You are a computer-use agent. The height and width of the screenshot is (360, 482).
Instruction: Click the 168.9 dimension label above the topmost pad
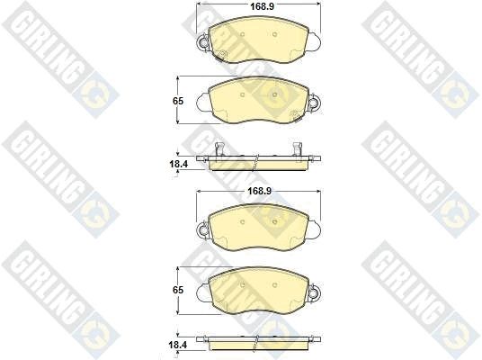(258, 6)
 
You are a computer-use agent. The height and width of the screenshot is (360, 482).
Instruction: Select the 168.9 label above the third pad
(260, 191)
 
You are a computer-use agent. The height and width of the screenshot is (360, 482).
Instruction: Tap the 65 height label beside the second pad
(178, 101)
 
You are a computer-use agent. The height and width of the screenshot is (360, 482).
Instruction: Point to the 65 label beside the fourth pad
(178, 290)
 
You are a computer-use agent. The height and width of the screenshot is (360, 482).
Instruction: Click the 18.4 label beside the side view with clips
(178, 164)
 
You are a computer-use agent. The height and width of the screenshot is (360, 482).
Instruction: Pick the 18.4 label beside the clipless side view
(178, 345)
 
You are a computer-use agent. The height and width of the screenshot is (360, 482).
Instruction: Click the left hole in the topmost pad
(242, 34)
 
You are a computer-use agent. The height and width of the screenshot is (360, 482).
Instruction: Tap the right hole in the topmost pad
(275, 34)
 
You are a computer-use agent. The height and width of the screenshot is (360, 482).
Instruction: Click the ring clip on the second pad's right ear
(315, 102)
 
